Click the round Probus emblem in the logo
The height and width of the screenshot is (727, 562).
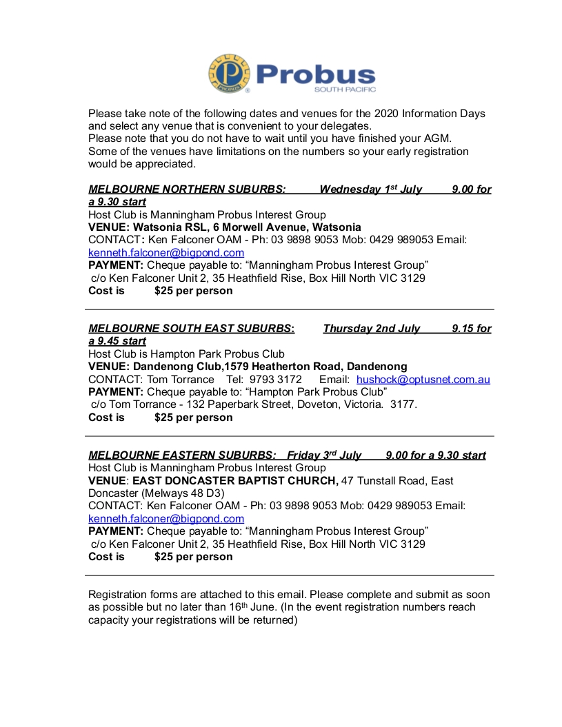[230, 74]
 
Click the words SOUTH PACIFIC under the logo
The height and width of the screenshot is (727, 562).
[345, 90]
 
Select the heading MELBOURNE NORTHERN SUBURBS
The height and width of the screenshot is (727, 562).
[187, 190]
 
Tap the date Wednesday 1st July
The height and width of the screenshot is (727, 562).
[370, 190]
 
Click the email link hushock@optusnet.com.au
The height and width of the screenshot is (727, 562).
[423, 380]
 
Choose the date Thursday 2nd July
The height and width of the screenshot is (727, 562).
[371, 329]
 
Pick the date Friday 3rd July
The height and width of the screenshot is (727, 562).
[324, 455]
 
